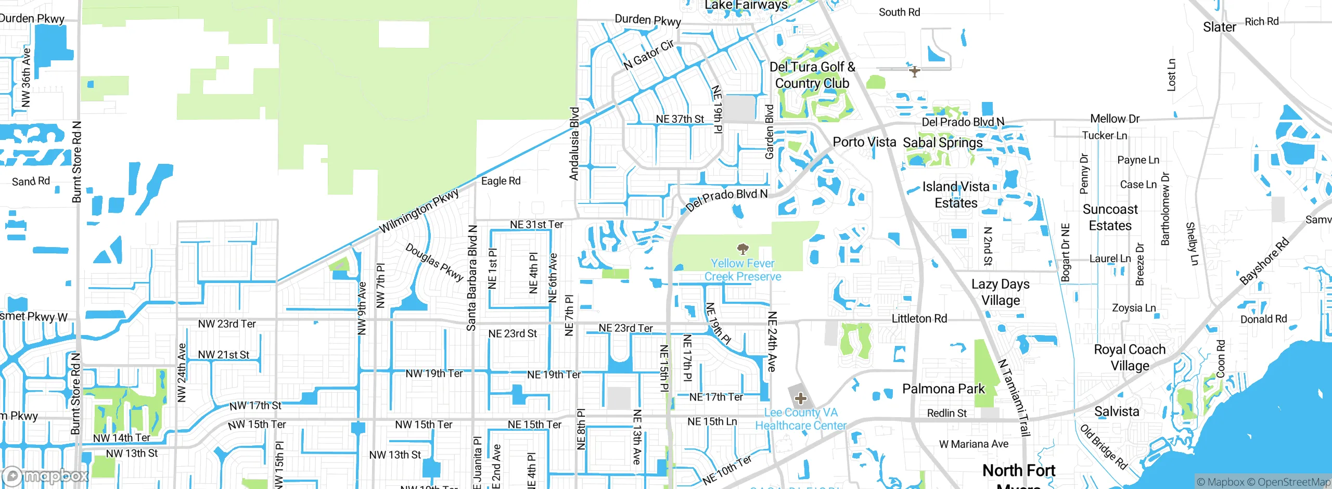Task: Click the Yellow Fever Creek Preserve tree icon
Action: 743,249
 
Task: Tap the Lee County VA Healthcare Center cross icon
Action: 801,399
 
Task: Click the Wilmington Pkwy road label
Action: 419,211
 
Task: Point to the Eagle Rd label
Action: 501,181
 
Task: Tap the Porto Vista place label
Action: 864,142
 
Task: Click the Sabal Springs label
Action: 943,143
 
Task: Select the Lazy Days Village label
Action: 1001,292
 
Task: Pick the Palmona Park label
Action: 943,389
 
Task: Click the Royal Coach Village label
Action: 1130,357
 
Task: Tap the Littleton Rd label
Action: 919,318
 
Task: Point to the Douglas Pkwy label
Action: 434,262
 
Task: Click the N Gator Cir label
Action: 649,54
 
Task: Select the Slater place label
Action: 1219,27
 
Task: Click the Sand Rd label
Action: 31,181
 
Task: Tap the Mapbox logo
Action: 46,475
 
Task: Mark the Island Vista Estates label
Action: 956,195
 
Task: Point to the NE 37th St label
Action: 680,119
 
